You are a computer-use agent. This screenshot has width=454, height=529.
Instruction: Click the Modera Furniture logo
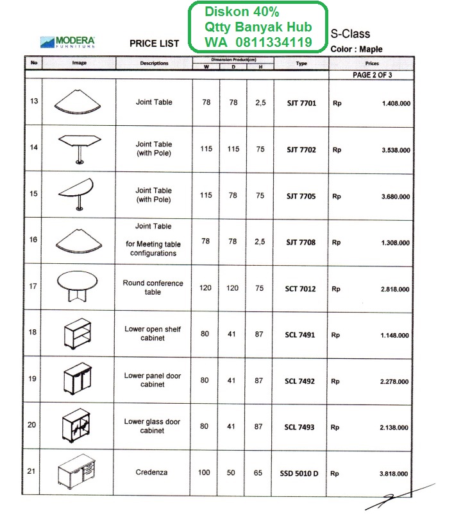[x=67, y=42]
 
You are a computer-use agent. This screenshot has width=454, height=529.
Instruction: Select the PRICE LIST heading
[x=154, y=44]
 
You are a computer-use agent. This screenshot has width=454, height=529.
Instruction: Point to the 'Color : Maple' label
[x=357, y=49]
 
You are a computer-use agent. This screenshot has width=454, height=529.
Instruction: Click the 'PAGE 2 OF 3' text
[x=373, y=75]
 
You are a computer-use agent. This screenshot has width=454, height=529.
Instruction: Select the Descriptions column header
[x=154, y=64]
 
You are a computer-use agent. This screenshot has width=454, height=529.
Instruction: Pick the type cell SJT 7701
[x=301, y=103]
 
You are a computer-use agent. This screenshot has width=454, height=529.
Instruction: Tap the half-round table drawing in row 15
[x=78, y=193]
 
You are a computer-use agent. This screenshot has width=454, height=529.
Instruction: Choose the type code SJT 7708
[x=301, y=243]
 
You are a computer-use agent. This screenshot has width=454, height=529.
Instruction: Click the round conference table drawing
[x=78, y=285]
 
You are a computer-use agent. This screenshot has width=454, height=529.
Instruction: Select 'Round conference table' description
[x=153, y=288]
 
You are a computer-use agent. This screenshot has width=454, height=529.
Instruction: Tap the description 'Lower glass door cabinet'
[x=153, y=426]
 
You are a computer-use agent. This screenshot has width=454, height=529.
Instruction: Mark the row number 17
[x=33, y=286]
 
